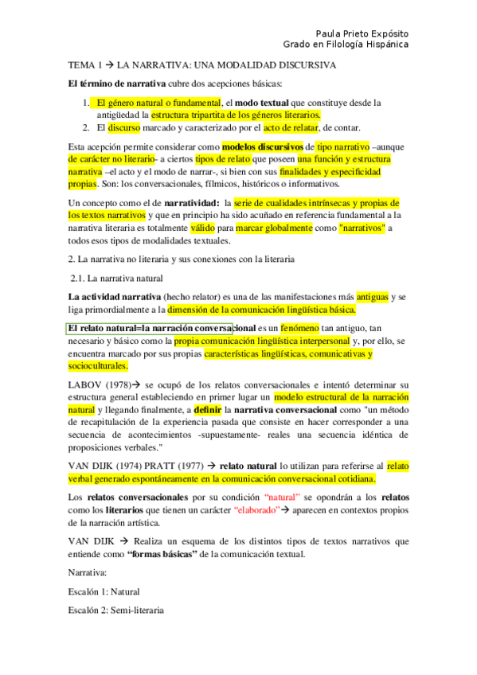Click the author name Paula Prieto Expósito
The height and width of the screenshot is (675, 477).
point(362,34)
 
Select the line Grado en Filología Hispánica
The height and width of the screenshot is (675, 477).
point(346,45)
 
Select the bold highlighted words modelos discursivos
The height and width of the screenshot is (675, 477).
point(262,147)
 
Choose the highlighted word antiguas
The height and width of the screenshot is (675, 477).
point(373,297)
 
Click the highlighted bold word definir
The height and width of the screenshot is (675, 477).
point(206,411)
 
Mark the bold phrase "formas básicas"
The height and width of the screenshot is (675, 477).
point(159,554)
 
